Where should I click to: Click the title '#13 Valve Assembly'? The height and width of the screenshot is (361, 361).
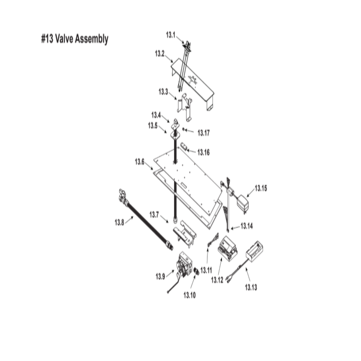point(74,39)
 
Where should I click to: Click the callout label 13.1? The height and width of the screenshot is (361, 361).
point(170,35)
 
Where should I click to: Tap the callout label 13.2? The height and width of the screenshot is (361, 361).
point(160,54)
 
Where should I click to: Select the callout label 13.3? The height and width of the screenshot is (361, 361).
point(164,92)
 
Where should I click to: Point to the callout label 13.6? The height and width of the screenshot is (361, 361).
point(140,162)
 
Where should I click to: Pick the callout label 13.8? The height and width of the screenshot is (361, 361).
point(119,222)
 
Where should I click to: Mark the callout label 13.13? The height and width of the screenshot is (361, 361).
point(251,288)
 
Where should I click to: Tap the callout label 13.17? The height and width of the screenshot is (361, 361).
point(203,133)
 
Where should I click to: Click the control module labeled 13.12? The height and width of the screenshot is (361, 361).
point(227,247)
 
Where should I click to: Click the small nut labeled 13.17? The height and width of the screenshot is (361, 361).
point(184,129)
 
